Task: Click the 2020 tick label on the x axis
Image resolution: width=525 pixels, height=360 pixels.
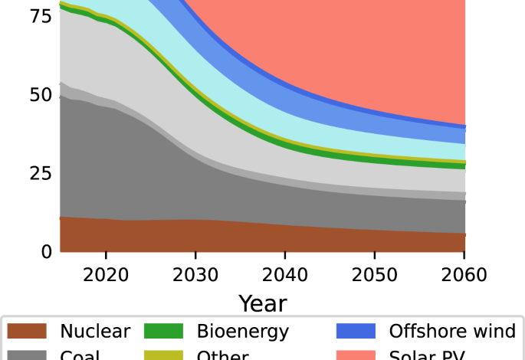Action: [106, 275]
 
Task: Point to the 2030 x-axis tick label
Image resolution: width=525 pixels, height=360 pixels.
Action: [195, 275]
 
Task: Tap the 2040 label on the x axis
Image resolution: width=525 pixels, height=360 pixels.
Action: [285, 275]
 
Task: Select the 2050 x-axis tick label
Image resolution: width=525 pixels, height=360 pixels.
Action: [375, 275]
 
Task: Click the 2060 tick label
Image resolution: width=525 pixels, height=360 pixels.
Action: [464, 275]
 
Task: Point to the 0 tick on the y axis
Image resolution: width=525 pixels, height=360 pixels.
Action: [48, 251]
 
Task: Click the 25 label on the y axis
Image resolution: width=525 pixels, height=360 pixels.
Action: [41, 173]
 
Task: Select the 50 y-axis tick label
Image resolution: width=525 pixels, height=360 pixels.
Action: [41, 96]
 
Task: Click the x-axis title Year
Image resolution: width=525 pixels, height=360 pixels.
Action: [262, 303]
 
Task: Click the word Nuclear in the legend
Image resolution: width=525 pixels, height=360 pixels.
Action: [95, 332]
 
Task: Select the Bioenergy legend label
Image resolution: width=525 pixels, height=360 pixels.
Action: [242, 332]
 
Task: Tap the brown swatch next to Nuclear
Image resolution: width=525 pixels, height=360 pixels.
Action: [28, 332]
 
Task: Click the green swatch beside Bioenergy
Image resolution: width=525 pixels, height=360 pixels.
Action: [164, 332]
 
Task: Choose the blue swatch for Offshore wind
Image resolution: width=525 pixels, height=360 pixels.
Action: [356, 332]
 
